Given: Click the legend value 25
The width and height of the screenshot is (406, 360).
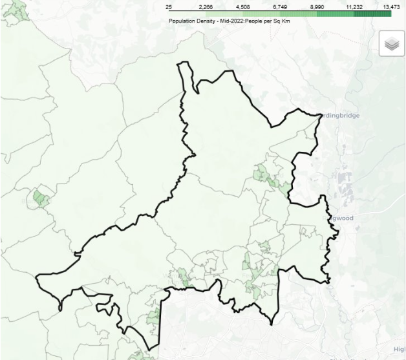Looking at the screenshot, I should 169,6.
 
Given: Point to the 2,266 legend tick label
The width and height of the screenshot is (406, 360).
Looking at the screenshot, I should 206,6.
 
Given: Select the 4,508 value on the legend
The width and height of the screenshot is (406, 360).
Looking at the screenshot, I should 243,6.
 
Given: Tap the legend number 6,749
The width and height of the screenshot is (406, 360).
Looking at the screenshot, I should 280,6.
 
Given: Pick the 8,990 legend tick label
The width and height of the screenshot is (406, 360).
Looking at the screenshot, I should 317,6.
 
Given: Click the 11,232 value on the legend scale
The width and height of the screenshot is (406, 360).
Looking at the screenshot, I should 354,6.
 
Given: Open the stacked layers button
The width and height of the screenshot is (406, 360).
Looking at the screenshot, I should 392,44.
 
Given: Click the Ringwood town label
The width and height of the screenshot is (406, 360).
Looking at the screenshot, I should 340,218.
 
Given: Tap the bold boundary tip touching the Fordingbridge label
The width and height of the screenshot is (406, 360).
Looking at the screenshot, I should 320,116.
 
